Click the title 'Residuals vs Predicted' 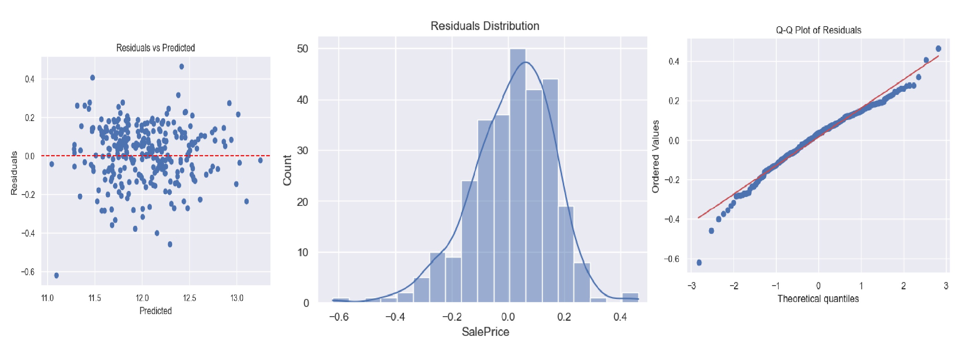156,48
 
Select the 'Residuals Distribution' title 485,26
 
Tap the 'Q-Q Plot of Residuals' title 818,30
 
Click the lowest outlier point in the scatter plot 56,275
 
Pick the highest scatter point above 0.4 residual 181,67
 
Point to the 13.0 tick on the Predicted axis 237,298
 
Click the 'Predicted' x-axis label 156,311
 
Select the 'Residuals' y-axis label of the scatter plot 14,173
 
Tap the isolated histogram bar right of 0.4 630,297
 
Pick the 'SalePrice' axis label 485,332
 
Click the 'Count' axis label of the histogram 288,170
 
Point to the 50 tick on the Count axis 302,49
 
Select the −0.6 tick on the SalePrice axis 339,317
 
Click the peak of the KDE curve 526,62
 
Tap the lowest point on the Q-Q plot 699,262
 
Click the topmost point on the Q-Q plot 938,48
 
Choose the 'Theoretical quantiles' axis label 818,299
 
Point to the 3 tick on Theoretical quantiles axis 946,286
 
